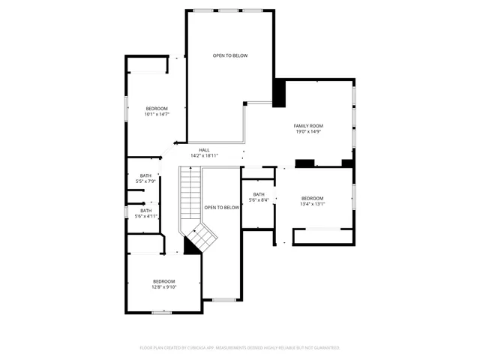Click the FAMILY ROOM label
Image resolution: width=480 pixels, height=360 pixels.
[x=307, y=125]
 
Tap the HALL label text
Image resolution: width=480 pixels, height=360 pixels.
[x=204, y=150]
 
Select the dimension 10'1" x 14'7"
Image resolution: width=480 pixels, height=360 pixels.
[x=157, y=114]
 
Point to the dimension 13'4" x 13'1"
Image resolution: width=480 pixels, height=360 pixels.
[x=312, y=204]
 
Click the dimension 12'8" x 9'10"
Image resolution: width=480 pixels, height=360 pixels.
[x=164, y=286]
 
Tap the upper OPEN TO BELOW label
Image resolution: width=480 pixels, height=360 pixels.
[x=229, y=55]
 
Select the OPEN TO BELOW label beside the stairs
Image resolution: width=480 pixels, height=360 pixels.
[x=221, y=207]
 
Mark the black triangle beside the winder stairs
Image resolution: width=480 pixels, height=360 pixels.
[x=190, y=248]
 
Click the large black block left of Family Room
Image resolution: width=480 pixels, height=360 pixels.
[x=279, y=93]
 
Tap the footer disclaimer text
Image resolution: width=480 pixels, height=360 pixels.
[x=240, y=348]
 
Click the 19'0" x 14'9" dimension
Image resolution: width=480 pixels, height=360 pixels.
[x=307, y=131]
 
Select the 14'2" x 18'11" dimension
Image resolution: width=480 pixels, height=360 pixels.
[x=204, y=156]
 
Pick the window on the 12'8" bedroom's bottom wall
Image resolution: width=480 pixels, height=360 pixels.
[x=163, y=312]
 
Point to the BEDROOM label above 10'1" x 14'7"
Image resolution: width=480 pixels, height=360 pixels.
[x=157, y=108]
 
